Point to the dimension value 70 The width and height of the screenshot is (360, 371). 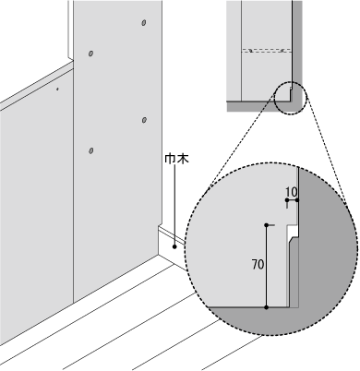pyautogui.click(x=258, y=264)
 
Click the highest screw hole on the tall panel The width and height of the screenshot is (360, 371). pyautogui.click(x=143, y=22)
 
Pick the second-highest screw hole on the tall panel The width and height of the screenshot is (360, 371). pyautogui.click(x=90, y=54)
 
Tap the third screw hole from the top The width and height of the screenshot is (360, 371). pyautogui.click(x=143, y=118)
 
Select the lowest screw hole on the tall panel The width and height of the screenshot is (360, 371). pyautogui.click(x=90, y=150)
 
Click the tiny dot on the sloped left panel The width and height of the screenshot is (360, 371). pyautogui.click(x=56, y=90)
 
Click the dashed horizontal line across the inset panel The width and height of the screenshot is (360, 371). pyautogui.click(x=265, y=49)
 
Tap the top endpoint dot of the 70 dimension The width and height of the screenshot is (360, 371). pyautogui.click(x=267, y=224)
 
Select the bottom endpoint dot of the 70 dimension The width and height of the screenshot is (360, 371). pyautogui.click(x=267, y=307)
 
